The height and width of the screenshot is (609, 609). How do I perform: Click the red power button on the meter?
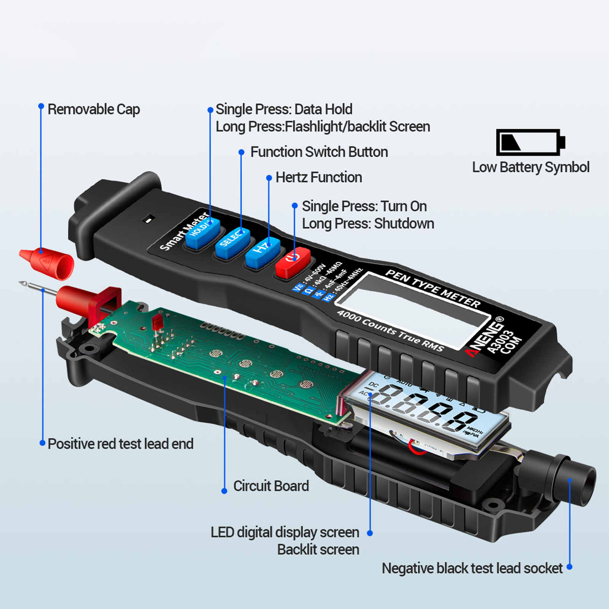pyautogui.click(x=292, y=262)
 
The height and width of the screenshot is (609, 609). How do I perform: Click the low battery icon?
pyautogui.click(x=530, y=142)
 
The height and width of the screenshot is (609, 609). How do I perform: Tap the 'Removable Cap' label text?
pyautogui.click(x=94, y=110)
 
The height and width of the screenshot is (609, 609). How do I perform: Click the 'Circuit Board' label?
pyautogui.click(x=271, y=486)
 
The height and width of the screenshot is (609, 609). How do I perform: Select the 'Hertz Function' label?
pyautogui.click(x=318, y=177)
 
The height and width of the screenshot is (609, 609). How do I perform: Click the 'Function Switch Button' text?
pyautogui.click(x=319, y=152)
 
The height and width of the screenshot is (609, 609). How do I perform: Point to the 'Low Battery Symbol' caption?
pyautogui.click(x=531, y=167)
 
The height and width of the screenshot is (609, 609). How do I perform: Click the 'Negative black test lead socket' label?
pyautogui.click(x=472, y=568)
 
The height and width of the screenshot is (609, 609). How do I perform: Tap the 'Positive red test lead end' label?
pyautogui.click(x=121, y=444)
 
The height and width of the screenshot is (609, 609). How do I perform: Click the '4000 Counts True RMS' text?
pyautogui.click(x=390, y=331)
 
